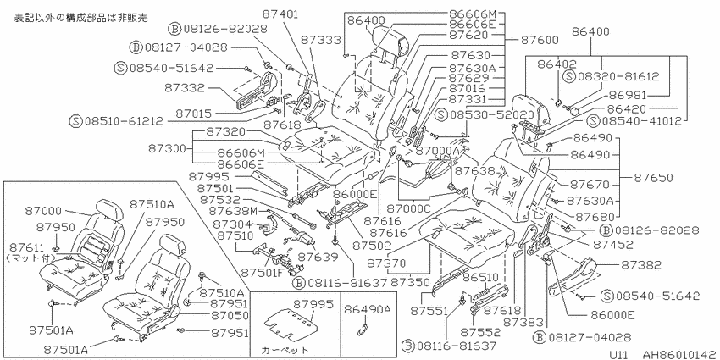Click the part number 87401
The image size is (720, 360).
point(281,14)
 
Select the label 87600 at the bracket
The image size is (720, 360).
point(540,40)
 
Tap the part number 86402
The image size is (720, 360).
point(558,64)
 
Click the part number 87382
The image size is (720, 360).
point(641,265)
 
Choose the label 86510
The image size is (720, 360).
point(479,278)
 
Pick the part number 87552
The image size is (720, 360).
point(478,331)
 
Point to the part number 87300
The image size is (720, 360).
point(167,149)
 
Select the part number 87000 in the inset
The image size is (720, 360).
point(43,210)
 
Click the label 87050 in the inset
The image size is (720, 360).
point(230,315)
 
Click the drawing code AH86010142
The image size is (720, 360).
point(679,354)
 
